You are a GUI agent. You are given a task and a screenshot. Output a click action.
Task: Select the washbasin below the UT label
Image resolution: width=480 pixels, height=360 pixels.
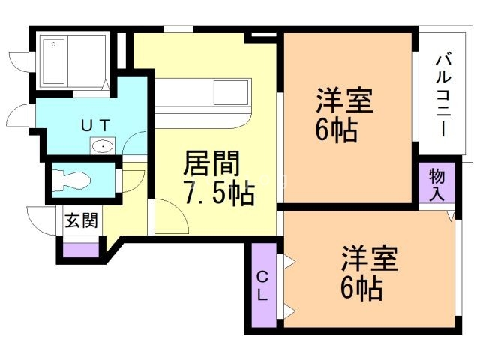point(101,145)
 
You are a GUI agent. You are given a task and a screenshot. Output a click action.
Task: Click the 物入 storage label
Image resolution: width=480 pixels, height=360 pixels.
point(437,182)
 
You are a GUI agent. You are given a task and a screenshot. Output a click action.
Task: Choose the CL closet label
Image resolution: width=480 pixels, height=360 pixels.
point(262,285)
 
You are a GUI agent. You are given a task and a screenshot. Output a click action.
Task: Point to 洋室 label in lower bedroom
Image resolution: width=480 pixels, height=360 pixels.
point(369,258)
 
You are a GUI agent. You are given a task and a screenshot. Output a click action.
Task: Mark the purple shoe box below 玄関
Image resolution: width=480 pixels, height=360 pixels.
point(80,250)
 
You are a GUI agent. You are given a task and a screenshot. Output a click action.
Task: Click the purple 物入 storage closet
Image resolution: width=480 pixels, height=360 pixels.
point(437,182)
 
